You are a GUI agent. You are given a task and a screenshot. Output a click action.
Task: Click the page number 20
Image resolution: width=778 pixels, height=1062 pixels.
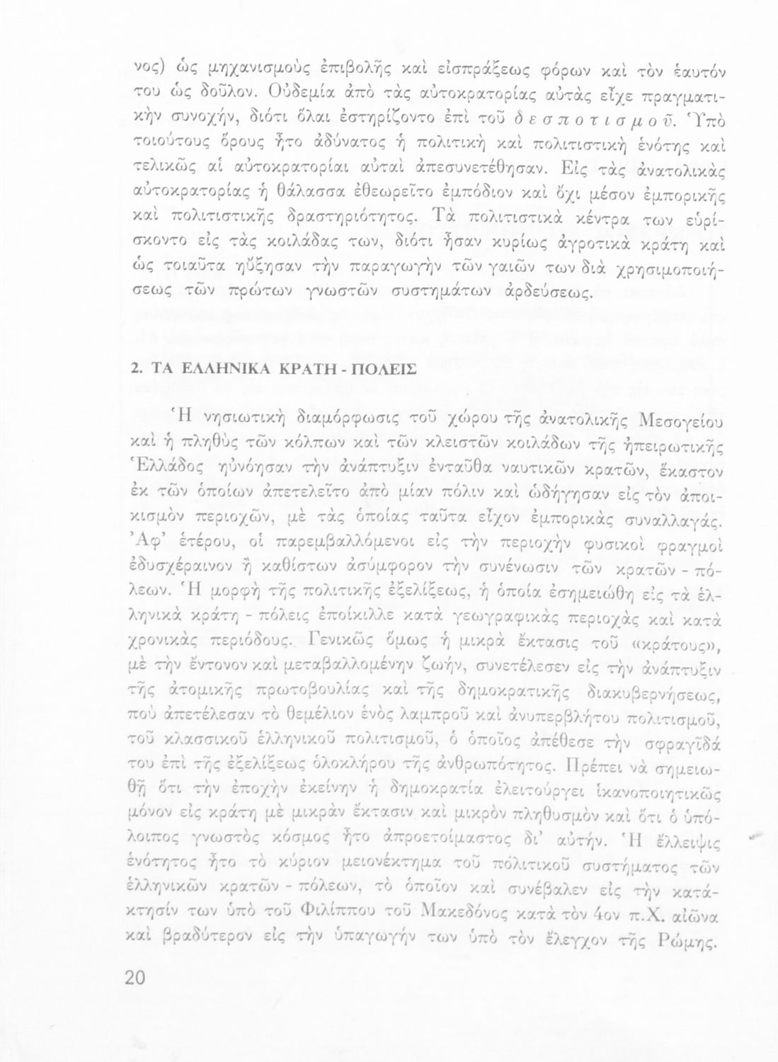(134, 977)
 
